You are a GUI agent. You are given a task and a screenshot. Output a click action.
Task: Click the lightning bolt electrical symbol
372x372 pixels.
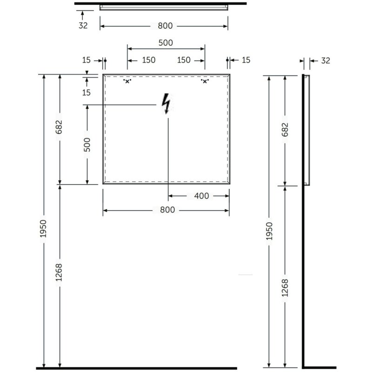166,104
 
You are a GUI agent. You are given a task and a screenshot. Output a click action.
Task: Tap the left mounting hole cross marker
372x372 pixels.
127,81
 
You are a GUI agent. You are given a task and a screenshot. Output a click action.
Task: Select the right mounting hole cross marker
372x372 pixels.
205,81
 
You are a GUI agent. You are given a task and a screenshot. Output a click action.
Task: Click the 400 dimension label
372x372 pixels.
201,196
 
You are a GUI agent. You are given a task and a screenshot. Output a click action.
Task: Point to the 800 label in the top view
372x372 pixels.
165,26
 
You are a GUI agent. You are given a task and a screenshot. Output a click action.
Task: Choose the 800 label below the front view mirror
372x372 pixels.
167,210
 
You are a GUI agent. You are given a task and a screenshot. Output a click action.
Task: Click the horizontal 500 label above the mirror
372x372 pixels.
166,43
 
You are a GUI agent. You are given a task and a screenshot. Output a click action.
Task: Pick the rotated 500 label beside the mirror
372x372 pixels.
87,145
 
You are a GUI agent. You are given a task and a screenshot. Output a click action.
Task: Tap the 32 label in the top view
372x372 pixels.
83,26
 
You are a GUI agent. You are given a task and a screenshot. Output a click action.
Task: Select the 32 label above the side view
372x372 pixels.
325,61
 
